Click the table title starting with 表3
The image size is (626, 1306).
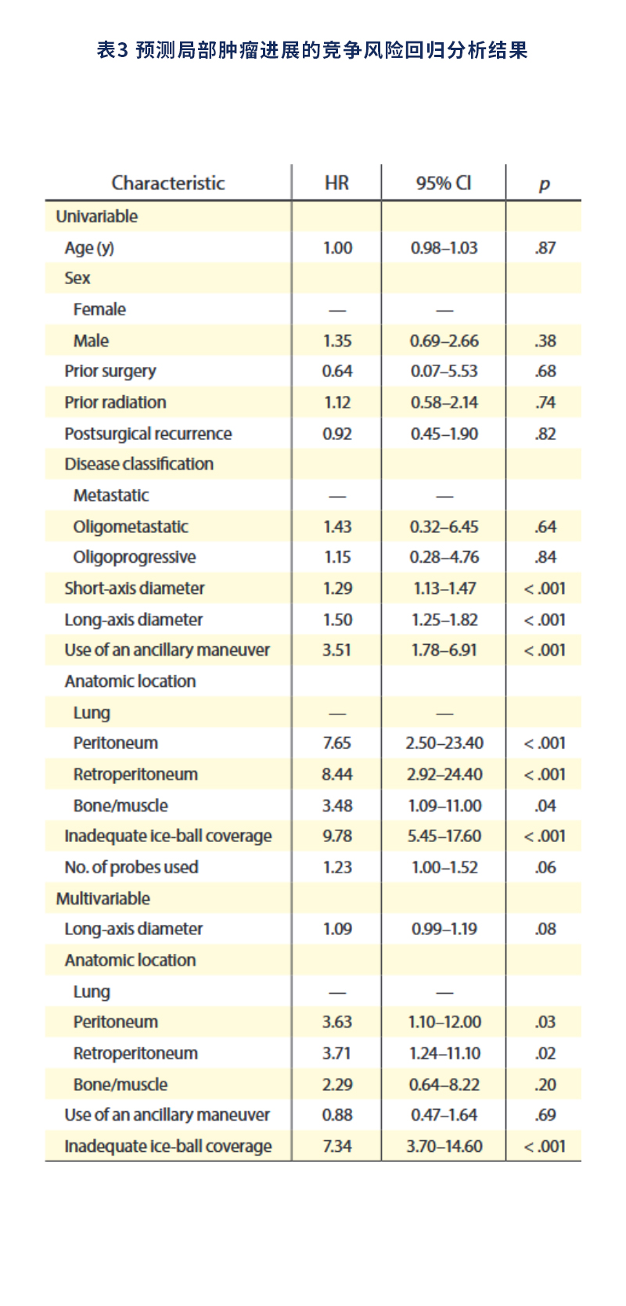click(312, 51)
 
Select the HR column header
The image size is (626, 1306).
click(336, 183)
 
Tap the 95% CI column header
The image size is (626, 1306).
click(444, 183)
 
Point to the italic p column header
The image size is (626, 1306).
click(545, 185)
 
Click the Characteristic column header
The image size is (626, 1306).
click(168, 183)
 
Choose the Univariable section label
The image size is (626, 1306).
click(97, 217)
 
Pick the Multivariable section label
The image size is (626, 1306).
click(103, 898)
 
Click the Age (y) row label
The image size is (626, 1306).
click(89, 248)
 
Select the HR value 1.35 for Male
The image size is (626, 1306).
click(337, 341)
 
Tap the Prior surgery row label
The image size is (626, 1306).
click(110, 372)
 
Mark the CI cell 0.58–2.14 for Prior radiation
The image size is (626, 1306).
click(444, 402)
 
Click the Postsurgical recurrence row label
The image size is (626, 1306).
click(148, 434)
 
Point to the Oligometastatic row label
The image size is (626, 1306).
click(131, 527)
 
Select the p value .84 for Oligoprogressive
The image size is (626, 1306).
click(545, 557)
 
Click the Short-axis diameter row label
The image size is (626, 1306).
click(135, 588)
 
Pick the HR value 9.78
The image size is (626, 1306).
click(337, 836)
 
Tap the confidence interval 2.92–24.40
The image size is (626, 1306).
click(444, 774)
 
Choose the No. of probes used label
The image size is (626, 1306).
click(131, 867)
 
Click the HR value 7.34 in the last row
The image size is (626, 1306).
click(337, 1146)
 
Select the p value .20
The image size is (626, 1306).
click(545, 1085)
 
